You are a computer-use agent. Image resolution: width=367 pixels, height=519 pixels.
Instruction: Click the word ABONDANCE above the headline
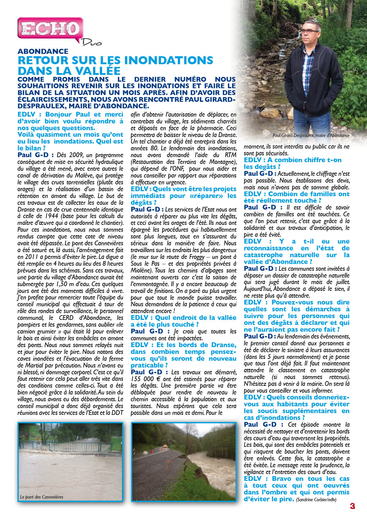coord(43,51)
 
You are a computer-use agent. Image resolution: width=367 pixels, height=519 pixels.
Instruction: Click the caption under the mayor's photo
coord(311,136)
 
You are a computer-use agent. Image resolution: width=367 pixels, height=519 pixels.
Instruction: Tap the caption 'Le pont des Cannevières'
coord(42,497)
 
